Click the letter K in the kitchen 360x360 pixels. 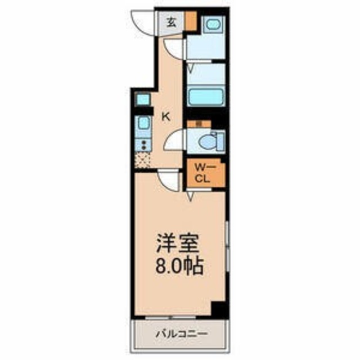[166, 117]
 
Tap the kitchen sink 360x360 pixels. [143, 124]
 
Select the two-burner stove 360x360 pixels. [143, 145]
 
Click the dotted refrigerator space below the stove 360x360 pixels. [143, 161]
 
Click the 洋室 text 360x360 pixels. [176, 246]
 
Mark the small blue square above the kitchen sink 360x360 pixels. [143, 100]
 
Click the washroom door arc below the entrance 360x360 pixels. [175, 49]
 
